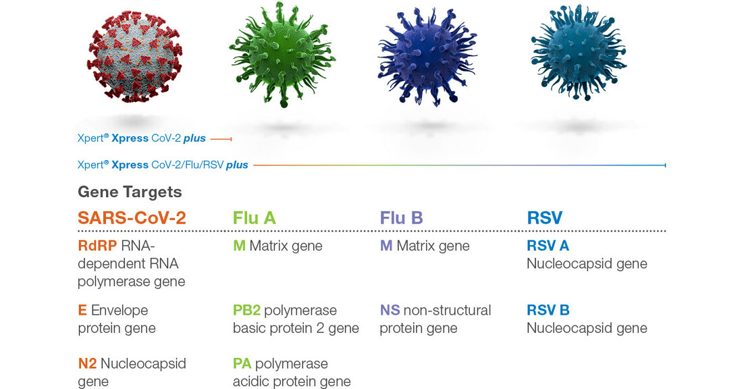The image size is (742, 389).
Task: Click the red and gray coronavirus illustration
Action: (135, 57)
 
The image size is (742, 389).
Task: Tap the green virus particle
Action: (282, 55)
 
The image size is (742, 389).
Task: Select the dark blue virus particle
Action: (427, 56)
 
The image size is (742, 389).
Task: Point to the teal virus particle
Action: (578, 52)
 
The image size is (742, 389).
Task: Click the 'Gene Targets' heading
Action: (130, 192)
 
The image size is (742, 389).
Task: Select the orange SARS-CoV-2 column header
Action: (132, 217)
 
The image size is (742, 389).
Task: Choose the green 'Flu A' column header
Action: (254, 217)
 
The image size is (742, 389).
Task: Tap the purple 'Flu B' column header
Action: (401, 217)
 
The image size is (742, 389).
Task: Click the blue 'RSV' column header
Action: (545, 217)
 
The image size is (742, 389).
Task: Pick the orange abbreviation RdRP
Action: (97, 246)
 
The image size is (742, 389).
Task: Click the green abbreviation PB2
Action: (246, 310)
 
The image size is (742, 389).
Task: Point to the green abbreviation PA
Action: (242, 363)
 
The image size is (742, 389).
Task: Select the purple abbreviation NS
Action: (390, 310)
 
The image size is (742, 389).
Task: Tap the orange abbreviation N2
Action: (88, 363)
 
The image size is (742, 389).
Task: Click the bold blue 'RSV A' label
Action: (548, 246)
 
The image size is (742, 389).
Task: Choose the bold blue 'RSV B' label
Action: (548, 310)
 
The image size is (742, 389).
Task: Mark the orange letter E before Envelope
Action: (82, 310)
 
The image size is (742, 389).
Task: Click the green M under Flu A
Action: (239, 246)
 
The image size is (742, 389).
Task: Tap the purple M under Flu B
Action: (386, 246)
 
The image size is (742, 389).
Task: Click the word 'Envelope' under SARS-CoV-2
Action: (120, 311)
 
